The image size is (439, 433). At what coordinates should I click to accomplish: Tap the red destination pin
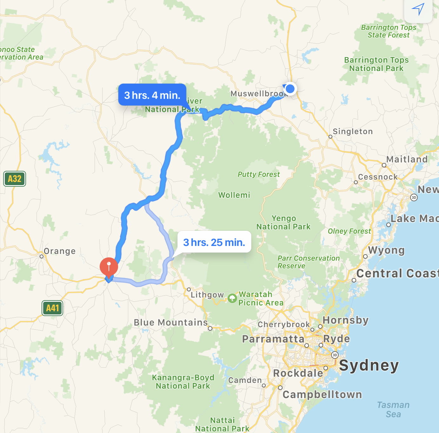tap(109, 266)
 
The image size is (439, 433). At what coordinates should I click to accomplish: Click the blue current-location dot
tap(290, 88)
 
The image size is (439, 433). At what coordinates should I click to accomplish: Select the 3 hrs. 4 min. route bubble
tap(152, 95)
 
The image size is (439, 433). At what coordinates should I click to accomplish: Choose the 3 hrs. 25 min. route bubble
tap(214, 242)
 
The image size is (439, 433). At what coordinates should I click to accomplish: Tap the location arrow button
tap(418, 10)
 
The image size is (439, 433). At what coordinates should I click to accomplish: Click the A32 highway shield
tap(15, 179)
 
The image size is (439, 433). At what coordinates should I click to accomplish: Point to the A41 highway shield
tap(53, 308)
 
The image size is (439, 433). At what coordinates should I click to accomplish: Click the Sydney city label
tap(369, 365)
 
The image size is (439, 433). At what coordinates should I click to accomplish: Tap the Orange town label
tap(60, 251)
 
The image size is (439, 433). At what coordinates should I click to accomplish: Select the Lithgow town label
tap(207, 295)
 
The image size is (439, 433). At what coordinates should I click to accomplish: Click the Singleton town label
tap(353, 132)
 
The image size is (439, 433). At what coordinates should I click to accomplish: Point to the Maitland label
tap(407, 159)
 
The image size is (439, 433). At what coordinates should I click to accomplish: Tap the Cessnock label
tap(378, 177)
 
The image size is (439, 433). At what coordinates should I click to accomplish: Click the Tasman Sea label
tap(393, 410)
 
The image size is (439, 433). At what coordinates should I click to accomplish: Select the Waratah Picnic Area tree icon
tap(232, 298)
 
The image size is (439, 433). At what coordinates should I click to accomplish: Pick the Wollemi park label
tap(234, 195)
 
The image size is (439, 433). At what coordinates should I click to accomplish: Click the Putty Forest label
tap(259, 174)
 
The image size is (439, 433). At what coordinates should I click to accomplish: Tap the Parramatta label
tap(273, 339)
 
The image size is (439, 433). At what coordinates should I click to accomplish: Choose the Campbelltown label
tap(322, 394)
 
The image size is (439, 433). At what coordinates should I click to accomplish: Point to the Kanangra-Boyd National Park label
tap(183, 382)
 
